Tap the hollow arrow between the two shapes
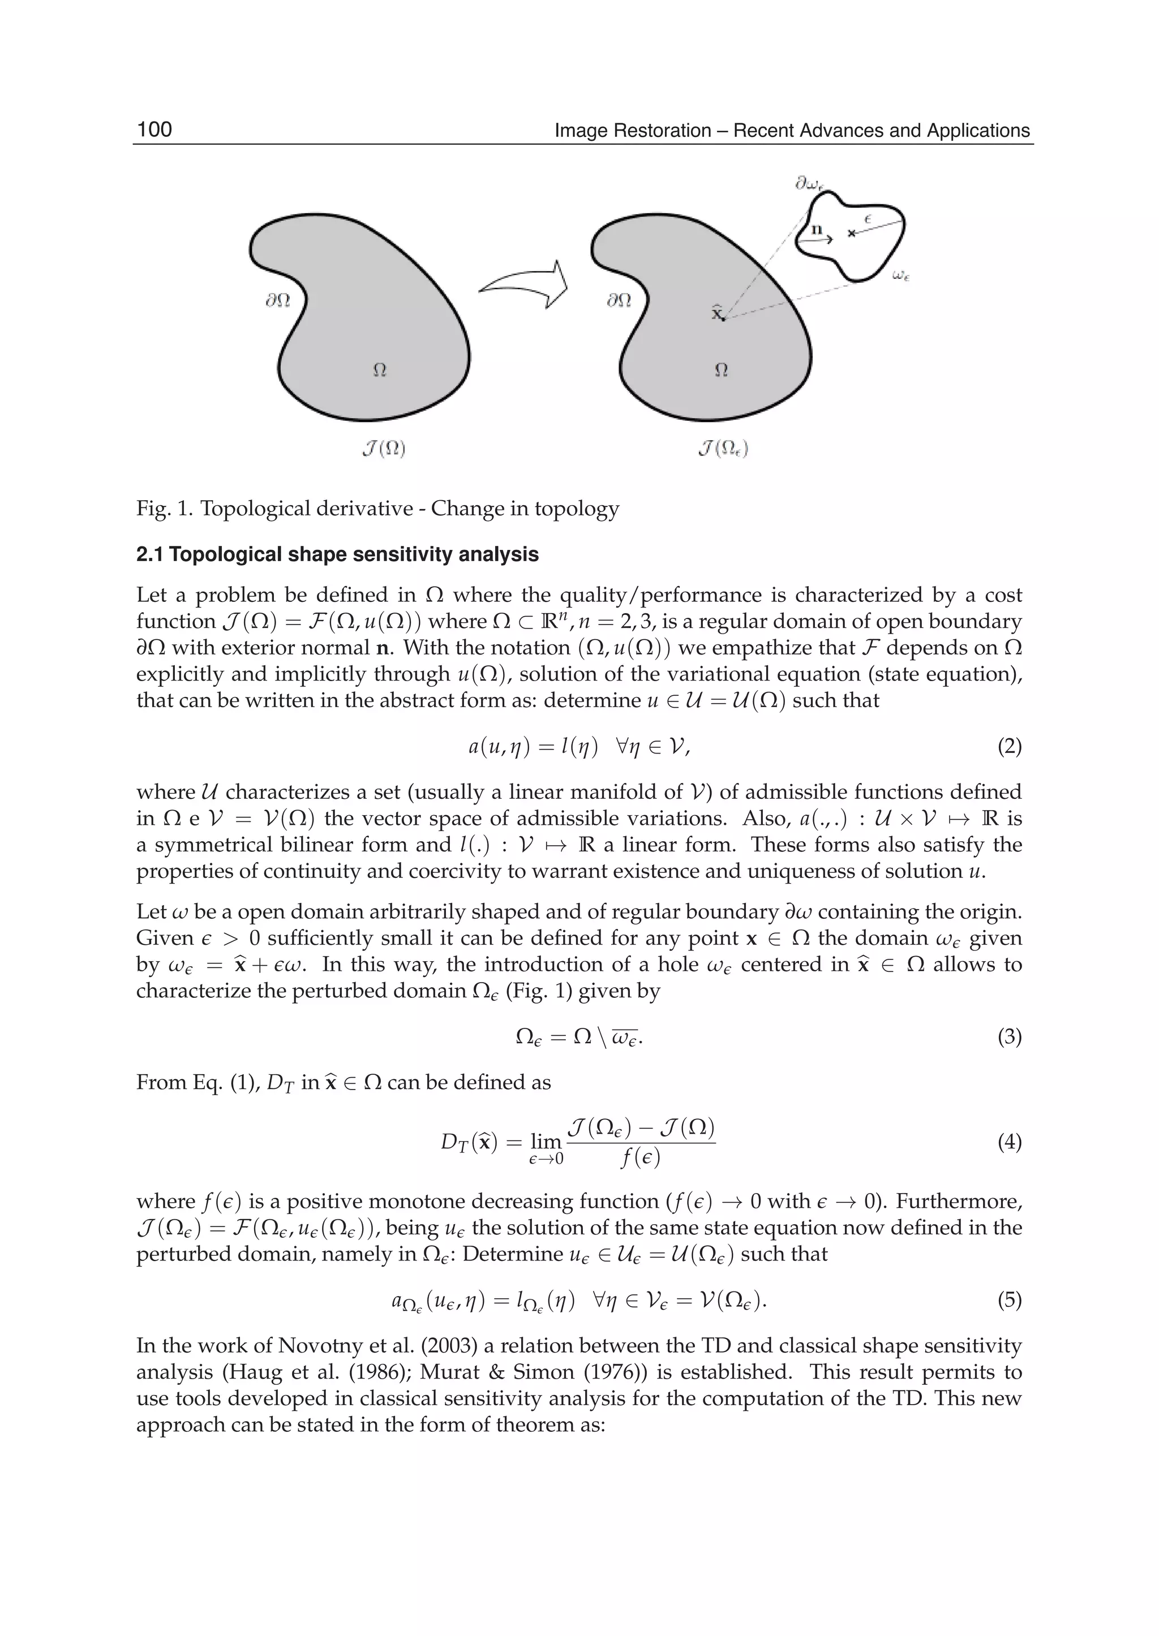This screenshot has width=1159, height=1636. tap(524, 285)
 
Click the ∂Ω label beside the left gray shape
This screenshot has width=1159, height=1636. tap(278, 301)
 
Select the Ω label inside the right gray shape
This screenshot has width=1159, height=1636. tap(721, 369)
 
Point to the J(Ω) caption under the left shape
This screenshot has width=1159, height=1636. tap(388, 449)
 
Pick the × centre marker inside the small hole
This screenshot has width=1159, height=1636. tap(851, 233)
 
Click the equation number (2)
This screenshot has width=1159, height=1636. tap(1009, 747)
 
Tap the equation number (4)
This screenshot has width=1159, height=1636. tap(1009, 1142)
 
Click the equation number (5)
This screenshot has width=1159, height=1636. tap(1009, 1300)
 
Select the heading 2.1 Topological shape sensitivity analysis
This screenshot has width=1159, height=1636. tap(337, 554)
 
